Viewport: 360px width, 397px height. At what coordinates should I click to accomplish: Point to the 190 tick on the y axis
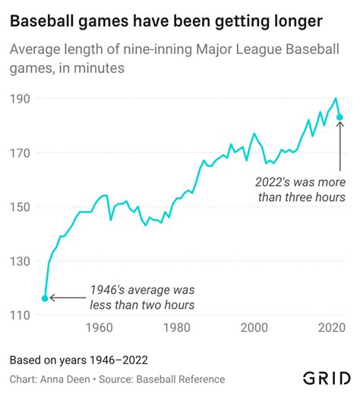tap(20, 99)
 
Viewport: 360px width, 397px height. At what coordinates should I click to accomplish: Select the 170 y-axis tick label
tap(20, 153)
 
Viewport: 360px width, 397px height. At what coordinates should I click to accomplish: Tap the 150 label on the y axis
tap(20, 206)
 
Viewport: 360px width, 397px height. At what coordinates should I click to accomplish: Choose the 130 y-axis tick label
tap(20, 260)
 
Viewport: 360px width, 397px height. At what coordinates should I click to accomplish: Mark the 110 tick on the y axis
tap(20, 315)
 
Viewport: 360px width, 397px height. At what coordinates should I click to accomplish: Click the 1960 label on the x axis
tap(98, 328)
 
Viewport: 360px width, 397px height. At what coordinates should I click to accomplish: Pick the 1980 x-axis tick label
tap(176, 328)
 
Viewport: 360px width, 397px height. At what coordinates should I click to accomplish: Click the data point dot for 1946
tap(45, 298)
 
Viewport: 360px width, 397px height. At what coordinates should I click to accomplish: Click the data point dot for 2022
tap(341, 117)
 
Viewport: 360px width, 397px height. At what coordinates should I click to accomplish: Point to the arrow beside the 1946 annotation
tap(67, 298)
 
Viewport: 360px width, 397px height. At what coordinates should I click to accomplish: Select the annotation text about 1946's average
tap(142, 298)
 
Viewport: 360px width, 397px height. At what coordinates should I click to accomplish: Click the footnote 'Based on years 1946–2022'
tap(78, 360)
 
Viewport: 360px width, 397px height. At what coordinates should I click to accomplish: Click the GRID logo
tap(327, 378)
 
